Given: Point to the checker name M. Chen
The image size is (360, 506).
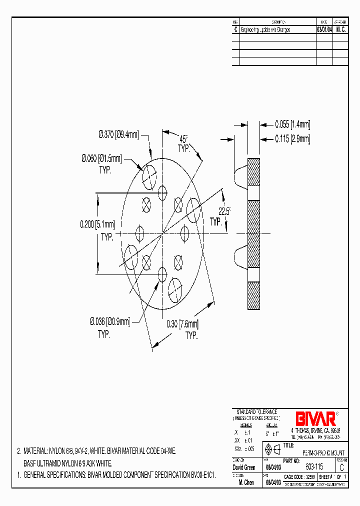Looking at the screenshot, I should coord(247,482).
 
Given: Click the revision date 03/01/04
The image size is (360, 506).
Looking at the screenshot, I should coord(324,30).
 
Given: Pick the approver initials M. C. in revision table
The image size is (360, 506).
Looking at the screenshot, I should coord(340,30).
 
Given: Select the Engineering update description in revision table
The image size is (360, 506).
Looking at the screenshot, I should coord(265,30).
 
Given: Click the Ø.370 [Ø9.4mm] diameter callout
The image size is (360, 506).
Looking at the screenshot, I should coord(118,134).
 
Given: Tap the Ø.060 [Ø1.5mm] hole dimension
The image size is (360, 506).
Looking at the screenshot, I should coord(101,158).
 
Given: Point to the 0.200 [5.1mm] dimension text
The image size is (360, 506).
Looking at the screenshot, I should coord(97,224).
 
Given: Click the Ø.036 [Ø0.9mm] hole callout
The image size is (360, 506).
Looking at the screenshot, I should coord(109,322).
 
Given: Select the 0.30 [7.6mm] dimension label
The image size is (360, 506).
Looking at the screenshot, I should coord(182,324).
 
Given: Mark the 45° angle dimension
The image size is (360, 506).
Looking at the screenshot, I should coord(184,139).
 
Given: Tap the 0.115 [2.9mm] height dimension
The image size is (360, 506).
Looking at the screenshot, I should coord(292,139).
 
